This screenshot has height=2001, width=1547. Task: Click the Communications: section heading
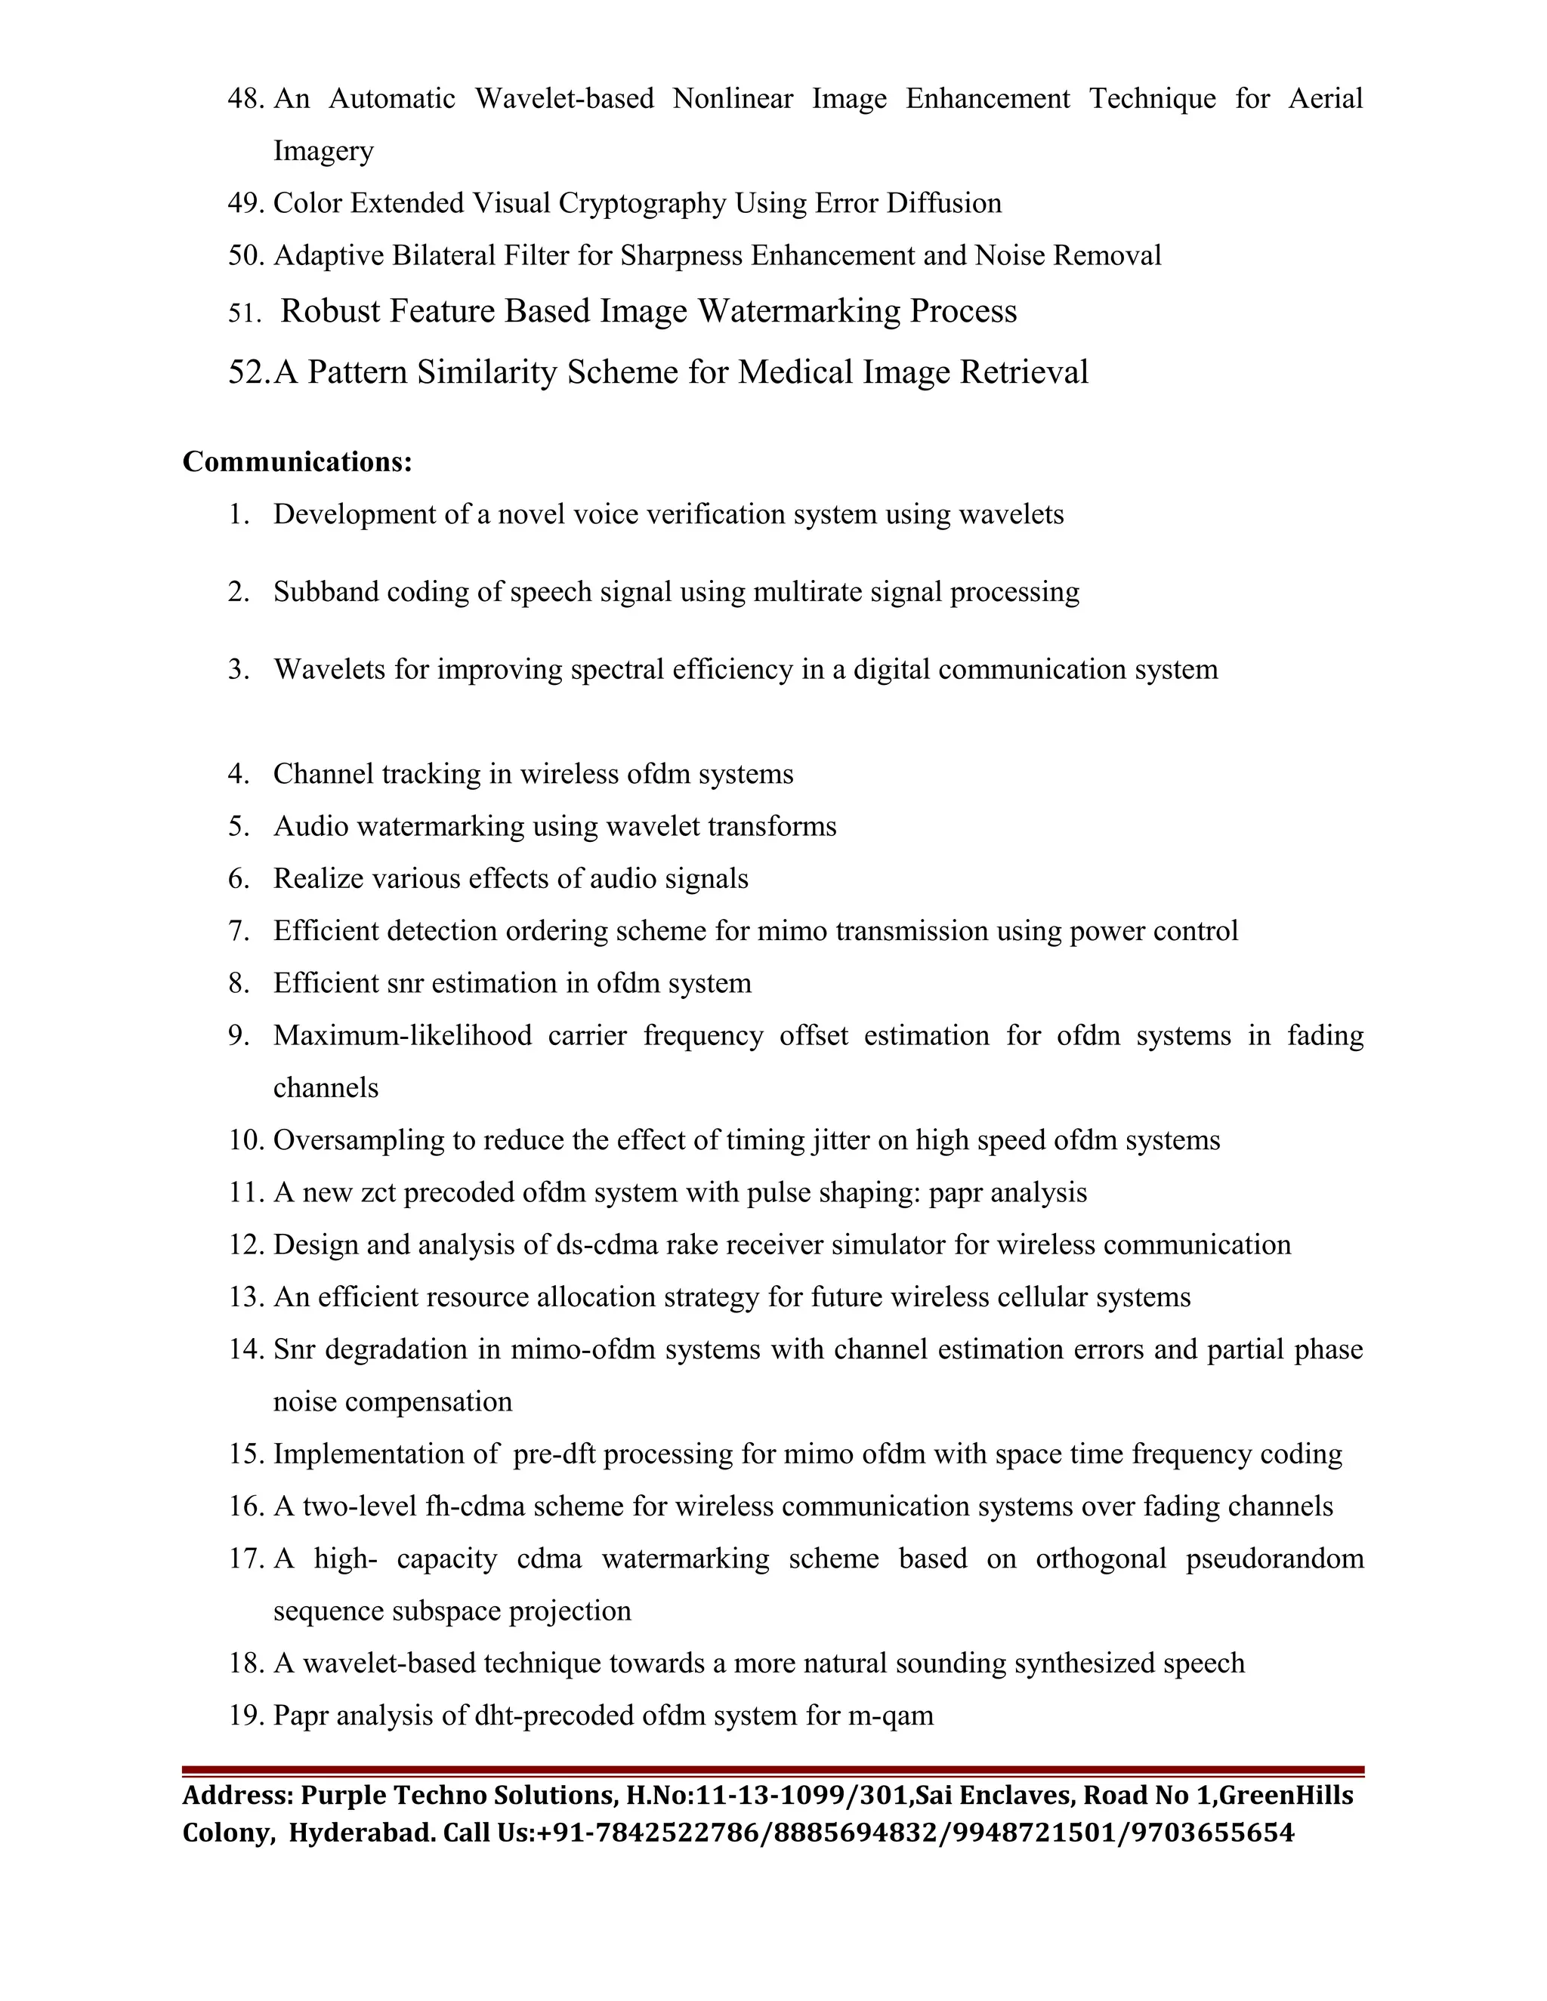297,462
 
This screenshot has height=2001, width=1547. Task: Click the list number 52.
249,372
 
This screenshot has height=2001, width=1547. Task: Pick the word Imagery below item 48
323,150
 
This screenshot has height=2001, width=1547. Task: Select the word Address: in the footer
237,1795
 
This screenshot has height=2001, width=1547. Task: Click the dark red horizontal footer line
773,1771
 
